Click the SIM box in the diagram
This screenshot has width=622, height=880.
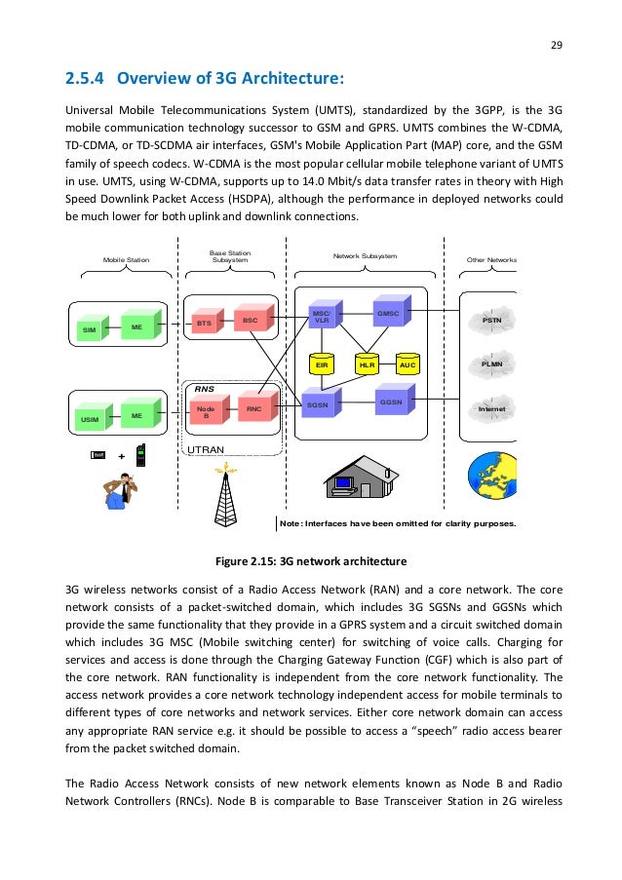tap(89, 330)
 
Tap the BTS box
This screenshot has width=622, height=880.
tap(204, 323)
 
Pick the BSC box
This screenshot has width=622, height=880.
tap(250, 319)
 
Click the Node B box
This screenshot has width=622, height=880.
tap(205, 413)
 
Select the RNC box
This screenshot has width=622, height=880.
tap(253, 409)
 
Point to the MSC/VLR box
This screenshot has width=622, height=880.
tap(320, 317)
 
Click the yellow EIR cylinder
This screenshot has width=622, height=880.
tap(322, 365)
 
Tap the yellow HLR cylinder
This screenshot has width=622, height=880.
tap(367, 365)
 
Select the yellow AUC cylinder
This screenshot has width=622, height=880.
tap(408, 365)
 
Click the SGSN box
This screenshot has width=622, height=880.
tap(319, 403)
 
